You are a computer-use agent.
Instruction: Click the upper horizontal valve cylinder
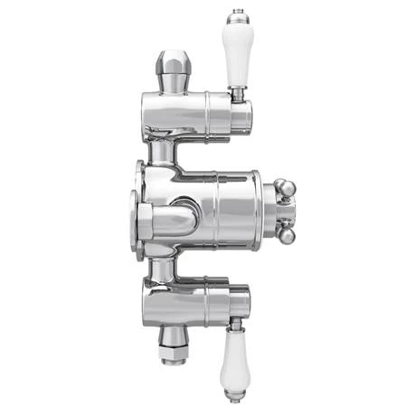click(x=194, y=116)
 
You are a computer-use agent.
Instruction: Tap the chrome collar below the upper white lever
click(x=238, y=92)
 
